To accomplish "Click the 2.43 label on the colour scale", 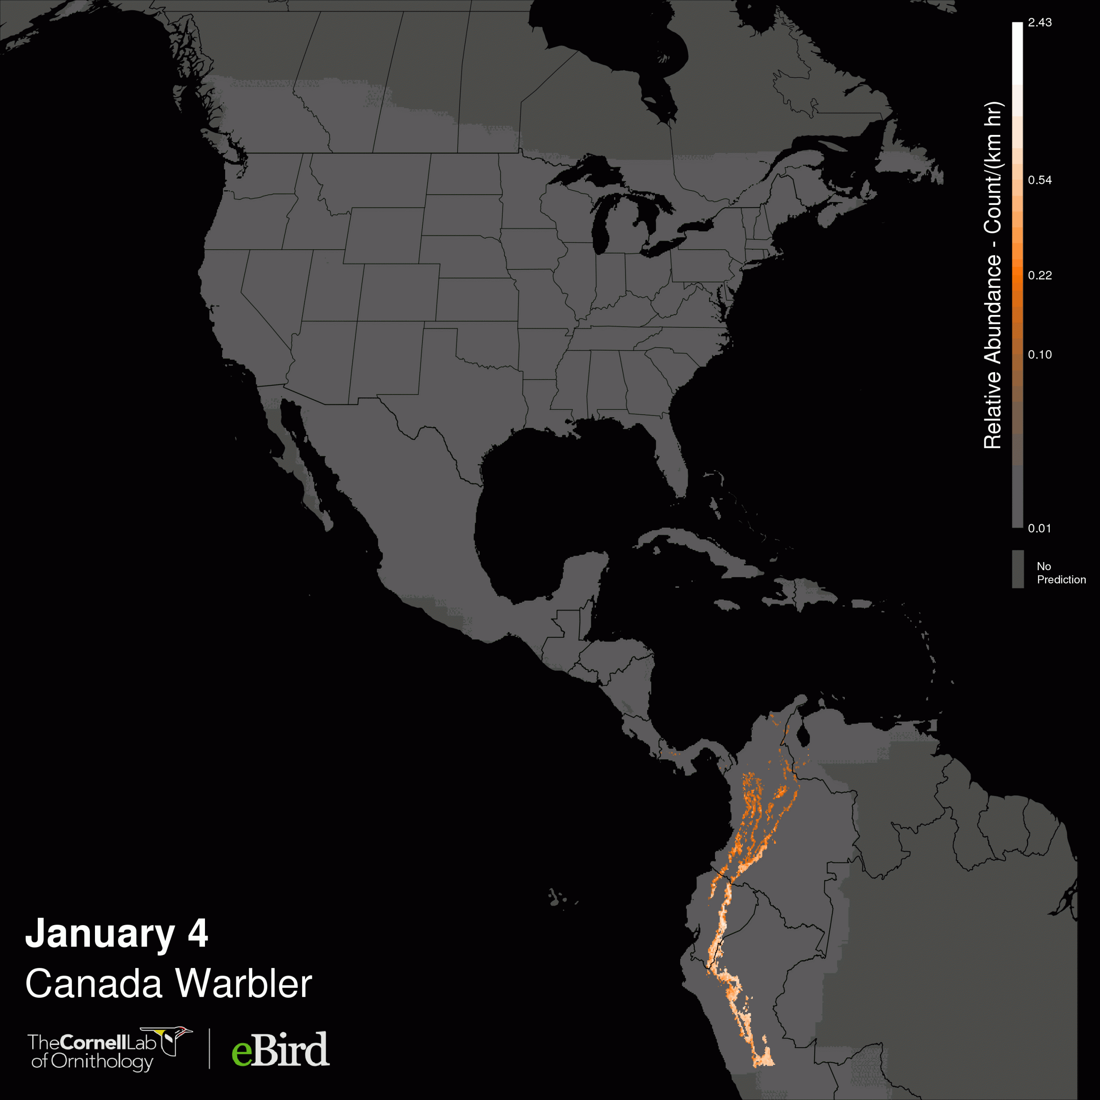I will (x=1040, y=23).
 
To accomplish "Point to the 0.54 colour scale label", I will (x=1040, y=180).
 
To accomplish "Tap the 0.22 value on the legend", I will (x=1040, y=275).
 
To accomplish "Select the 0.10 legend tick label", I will (x=1040, y=355).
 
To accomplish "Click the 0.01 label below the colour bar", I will (x=1040, y=529).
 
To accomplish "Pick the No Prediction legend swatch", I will (x=1018, y=569).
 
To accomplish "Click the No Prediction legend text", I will (x=1061, y=573).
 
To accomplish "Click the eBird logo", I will (x=280, y=1049).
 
